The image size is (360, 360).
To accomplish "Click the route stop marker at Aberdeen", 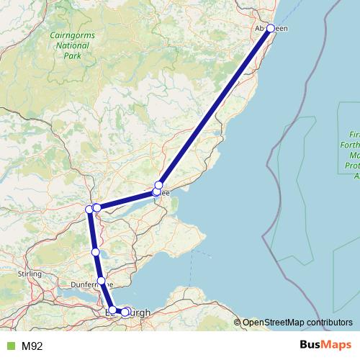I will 271,28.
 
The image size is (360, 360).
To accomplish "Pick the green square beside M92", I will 9,346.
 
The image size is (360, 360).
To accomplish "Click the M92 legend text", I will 32,346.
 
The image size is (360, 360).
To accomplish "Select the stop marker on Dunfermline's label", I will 102,281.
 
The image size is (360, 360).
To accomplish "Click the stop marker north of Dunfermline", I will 95,252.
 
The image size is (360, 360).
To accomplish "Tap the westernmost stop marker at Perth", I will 90,210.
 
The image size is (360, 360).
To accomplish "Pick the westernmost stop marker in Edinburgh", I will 112,310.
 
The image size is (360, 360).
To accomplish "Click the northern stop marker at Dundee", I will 159,185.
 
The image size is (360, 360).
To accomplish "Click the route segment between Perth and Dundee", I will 127,200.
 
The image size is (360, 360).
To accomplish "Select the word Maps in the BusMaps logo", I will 336,346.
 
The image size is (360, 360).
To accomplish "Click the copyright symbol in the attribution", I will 238,323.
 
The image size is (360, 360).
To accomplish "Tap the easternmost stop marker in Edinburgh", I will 127,311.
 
